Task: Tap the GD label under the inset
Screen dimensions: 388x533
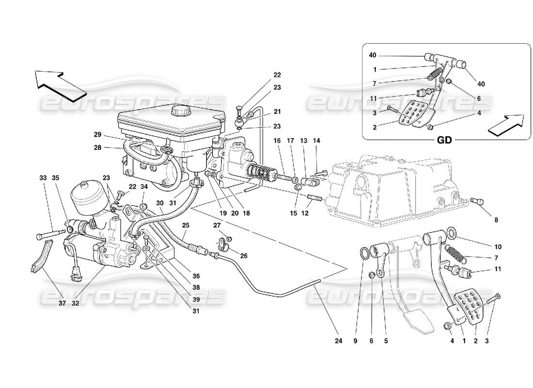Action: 444,140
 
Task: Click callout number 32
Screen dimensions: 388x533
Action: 75,304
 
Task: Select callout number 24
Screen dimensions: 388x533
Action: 338,341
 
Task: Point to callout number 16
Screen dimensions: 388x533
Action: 277,141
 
